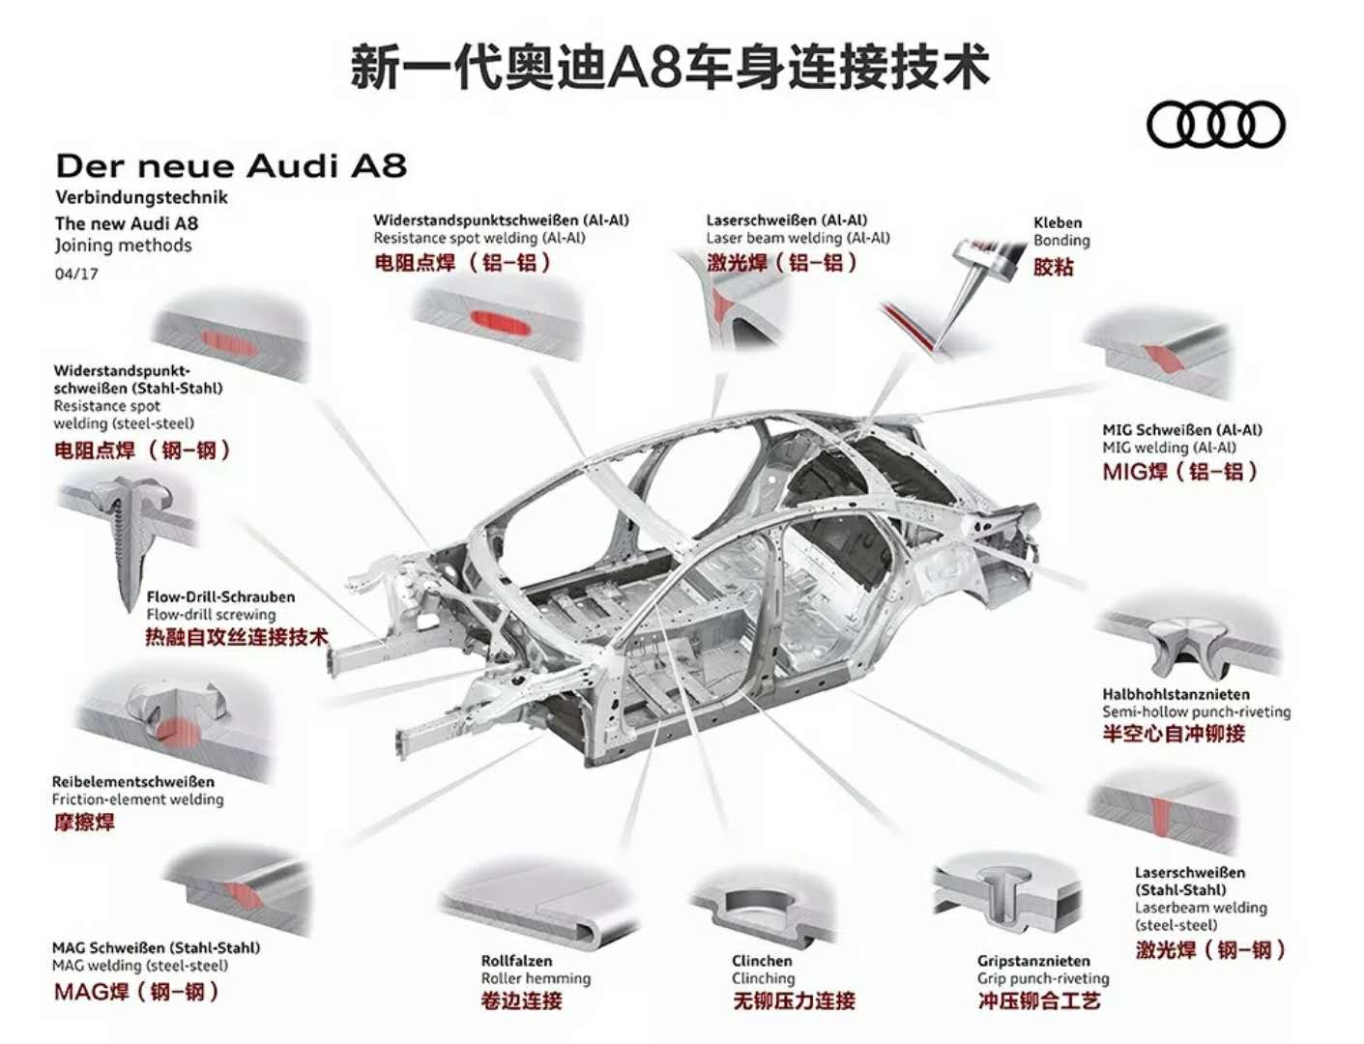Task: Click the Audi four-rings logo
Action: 1215,125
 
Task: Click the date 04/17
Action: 76,274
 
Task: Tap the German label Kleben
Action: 1058,222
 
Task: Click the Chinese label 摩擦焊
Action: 84,823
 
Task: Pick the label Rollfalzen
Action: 516,961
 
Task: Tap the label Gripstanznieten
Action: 1033,961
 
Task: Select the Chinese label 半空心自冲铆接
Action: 1174,734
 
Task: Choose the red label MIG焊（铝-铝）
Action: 1179,472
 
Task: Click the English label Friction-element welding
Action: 137,799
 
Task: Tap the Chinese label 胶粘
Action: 1053,267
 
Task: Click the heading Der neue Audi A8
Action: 231,165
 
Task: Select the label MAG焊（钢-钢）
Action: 135,991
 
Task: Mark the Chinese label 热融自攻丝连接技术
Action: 237,637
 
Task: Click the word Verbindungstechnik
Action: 141,197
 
